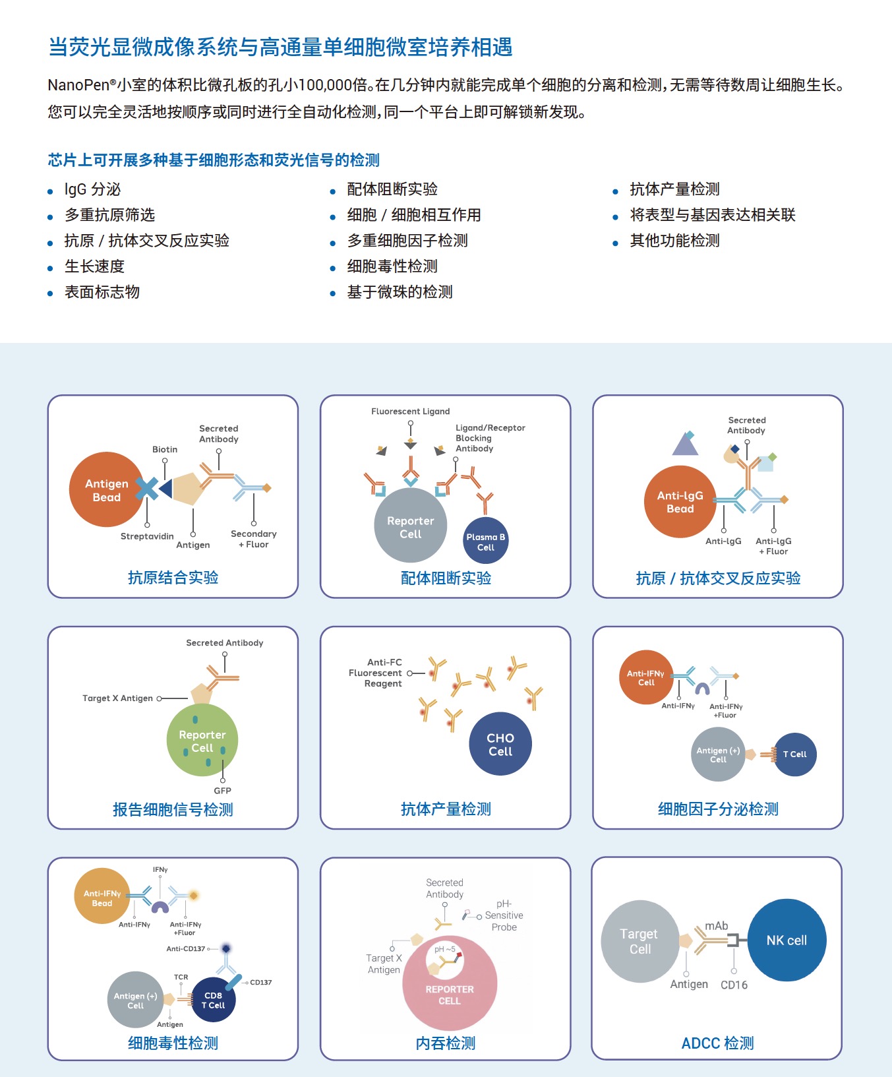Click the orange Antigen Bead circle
[105, 489]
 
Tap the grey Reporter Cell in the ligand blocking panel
[410, 526]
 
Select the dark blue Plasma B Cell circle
[486, 541]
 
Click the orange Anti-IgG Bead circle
[680, 501]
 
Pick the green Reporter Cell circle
[202, 741]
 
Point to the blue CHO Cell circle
[500, 744]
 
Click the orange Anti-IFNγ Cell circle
[646, 677]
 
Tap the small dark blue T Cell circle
[795, 754]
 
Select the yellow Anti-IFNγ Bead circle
[102, 897]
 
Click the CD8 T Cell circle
[214, 1000]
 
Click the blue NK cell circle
[787, 940]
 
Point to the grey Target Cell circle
[639, 941]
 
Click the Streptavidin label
[147, 536]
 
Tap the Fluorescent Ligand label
[410, 411]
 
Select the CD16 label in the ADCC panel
[734, 985]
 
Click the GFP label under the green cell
[222, 790]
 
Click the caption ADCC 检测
[717, 1043]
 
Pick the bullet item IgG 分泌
[92, 189]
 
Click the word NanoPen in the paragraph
[78, 85]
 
